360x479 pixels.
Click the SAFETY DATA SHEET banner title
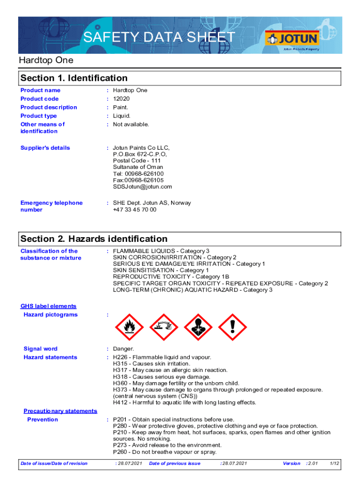coord(159,37)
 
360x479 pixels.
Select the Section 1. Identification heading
coord(74,78)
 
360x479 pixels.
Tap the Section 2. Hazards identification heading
coord(94,239)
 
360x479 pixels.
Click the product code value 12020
coord(122,99)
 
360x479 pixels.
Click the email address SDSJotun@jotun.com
coord(143,187)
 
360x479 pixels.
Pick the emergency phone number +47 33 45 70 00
coord(135,210)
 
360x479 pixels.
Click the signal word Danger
coord(123,349)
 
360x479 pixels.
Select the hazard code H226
coord(121,357)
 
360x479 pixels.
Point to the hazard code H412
coord(121,403)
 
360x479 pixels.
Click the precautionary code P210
coord(121,433)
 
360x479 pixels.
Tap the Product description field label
coord(49,107)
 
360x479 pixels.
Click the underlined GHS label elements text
coord(48,306)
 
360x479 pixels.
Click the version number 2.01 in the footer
coord(313,464)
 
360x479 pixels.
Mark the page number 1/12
coord(334,464)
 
